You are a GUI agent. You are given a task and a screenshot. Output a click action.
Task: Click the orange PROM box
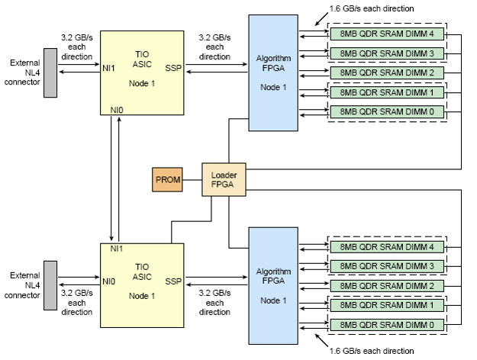(x=167, y=181)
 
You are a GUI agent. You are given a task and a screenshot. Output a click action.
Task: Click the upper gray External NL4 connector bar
(x=50, y=73)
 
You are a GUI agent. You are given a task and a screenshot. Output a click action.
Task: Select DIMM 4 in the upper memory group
(x=388, y=35)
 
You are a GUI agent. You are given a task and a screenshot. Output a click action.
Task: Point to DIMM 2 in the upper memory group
(x=388, y=72)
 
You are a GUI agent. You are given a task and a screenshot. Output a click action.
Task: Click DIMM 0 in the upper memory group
(x=388, y=111)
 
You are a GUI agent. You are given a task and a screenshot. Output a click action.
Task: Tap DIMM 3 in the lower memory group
(x=388, y=266)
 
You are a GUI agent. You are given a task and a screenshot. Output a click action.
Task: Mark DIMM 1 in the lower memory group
(x=388, y=305)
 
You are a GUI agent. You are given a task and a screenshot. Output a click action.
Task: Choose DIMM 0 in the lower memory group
(x=388, y=325)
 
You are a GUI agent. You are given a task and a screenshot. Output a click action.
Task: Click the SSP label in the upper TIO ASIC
(x=172, y=69)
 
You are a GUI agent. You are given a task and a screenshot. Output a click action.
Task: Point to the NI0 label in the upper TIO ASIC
(x=117, y=110)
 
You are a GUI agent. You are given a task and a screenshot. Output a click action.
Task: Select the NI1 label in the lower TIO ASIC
(x=117, y=249)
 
